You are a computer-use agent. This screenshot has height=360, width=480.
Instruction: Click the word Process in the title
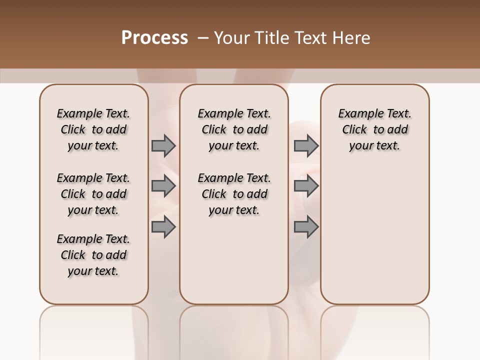coord(154,38)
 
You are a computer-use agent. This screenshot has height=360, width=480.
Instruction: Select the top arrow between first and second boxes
coord(163,146)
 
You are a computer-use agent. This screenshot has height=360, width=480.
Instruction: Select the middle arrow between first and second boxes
coord(163,186)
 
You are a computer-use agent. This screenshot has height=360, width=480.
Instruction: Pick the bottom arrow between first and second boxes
coord(163,227)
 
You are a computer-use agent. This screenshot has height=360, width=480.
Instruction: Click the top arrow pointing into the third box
coord(306,146)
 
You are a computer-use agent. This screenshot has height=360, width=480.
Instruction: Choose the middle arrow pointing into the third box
coord(306,186)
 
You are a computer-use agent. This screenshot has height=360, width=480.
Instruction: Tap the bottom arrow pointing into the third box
coord(306,227)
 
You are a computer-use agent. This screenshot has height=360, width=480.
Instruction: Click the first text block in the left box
coord(93,129)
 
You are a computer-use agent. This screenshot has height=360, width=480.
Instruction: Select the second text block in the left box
coord(93,194)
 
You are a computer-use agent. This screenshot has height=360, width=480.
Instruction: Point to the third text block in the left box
coord(93,255)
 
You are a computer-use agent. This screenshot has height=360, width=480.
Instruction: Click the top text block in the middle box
coord(234,129)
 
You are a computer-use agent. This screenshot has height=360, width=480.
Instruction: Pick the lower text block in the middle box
coord(234,194)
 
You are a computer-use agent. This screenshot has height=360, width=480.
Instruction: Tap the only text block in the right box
coord(374,129)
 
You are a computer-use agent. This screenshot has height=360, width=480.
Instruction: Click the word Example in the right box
coord(356,114)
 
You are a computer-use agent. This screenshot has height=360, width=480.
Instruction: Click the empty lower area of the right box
coord(374,240)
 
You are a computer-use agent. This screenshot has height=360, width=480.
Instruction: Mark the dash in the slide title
coord(202,38)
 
